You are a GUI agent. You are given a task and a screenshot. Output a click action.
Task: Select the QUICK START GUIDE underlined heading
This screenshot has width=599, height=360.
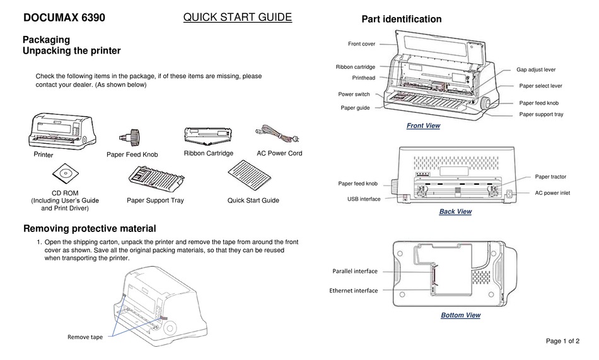coord(237,18)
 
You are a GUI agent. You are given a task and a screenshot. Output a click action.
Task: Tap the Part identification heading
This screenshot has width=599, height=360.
coord(401,20)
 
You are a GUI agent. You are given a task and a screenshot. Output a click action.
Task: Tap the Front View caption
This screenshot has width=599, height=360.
coord(423,126)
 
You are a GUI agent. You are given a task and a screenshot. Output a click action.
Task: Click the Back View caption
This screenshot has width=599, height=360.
coord(455,212)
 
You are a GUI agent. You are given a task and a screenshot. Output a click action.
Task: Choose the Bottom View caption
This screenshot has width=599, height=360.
coord(460,315)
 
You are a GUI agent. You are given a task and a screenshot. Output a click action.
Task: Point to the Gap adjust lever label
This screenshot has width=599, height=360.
coord(535,69)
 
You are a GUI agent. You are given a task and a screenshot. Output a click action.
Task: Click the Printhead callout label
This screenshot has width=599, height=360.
coord(363,78)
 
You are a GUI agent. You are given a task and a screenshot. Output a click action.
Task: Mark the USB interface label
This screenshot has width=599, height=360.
coord(364,199)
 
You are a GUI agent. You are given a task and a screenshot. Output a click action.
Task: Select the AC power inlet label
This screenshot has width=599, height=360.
coord(552,193)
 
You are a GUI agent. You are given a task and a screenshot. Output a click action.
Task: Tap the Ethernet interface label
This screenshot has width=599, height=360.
coord(353,291)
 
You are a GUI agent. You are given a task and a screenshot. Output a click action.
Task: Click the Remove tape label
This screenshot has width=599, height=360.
coord(84,337)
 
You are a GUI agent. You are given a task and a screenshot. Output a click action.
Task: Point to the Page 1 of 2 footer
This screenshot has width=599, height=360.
coord(562,341)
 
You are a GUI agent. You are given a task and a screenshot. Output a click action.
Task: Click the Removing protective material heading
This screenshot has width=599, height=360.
coord(89,228)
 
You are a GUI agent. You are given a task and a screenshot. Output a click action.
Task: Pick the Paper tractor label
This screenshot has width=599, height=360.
coord(550,177)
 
